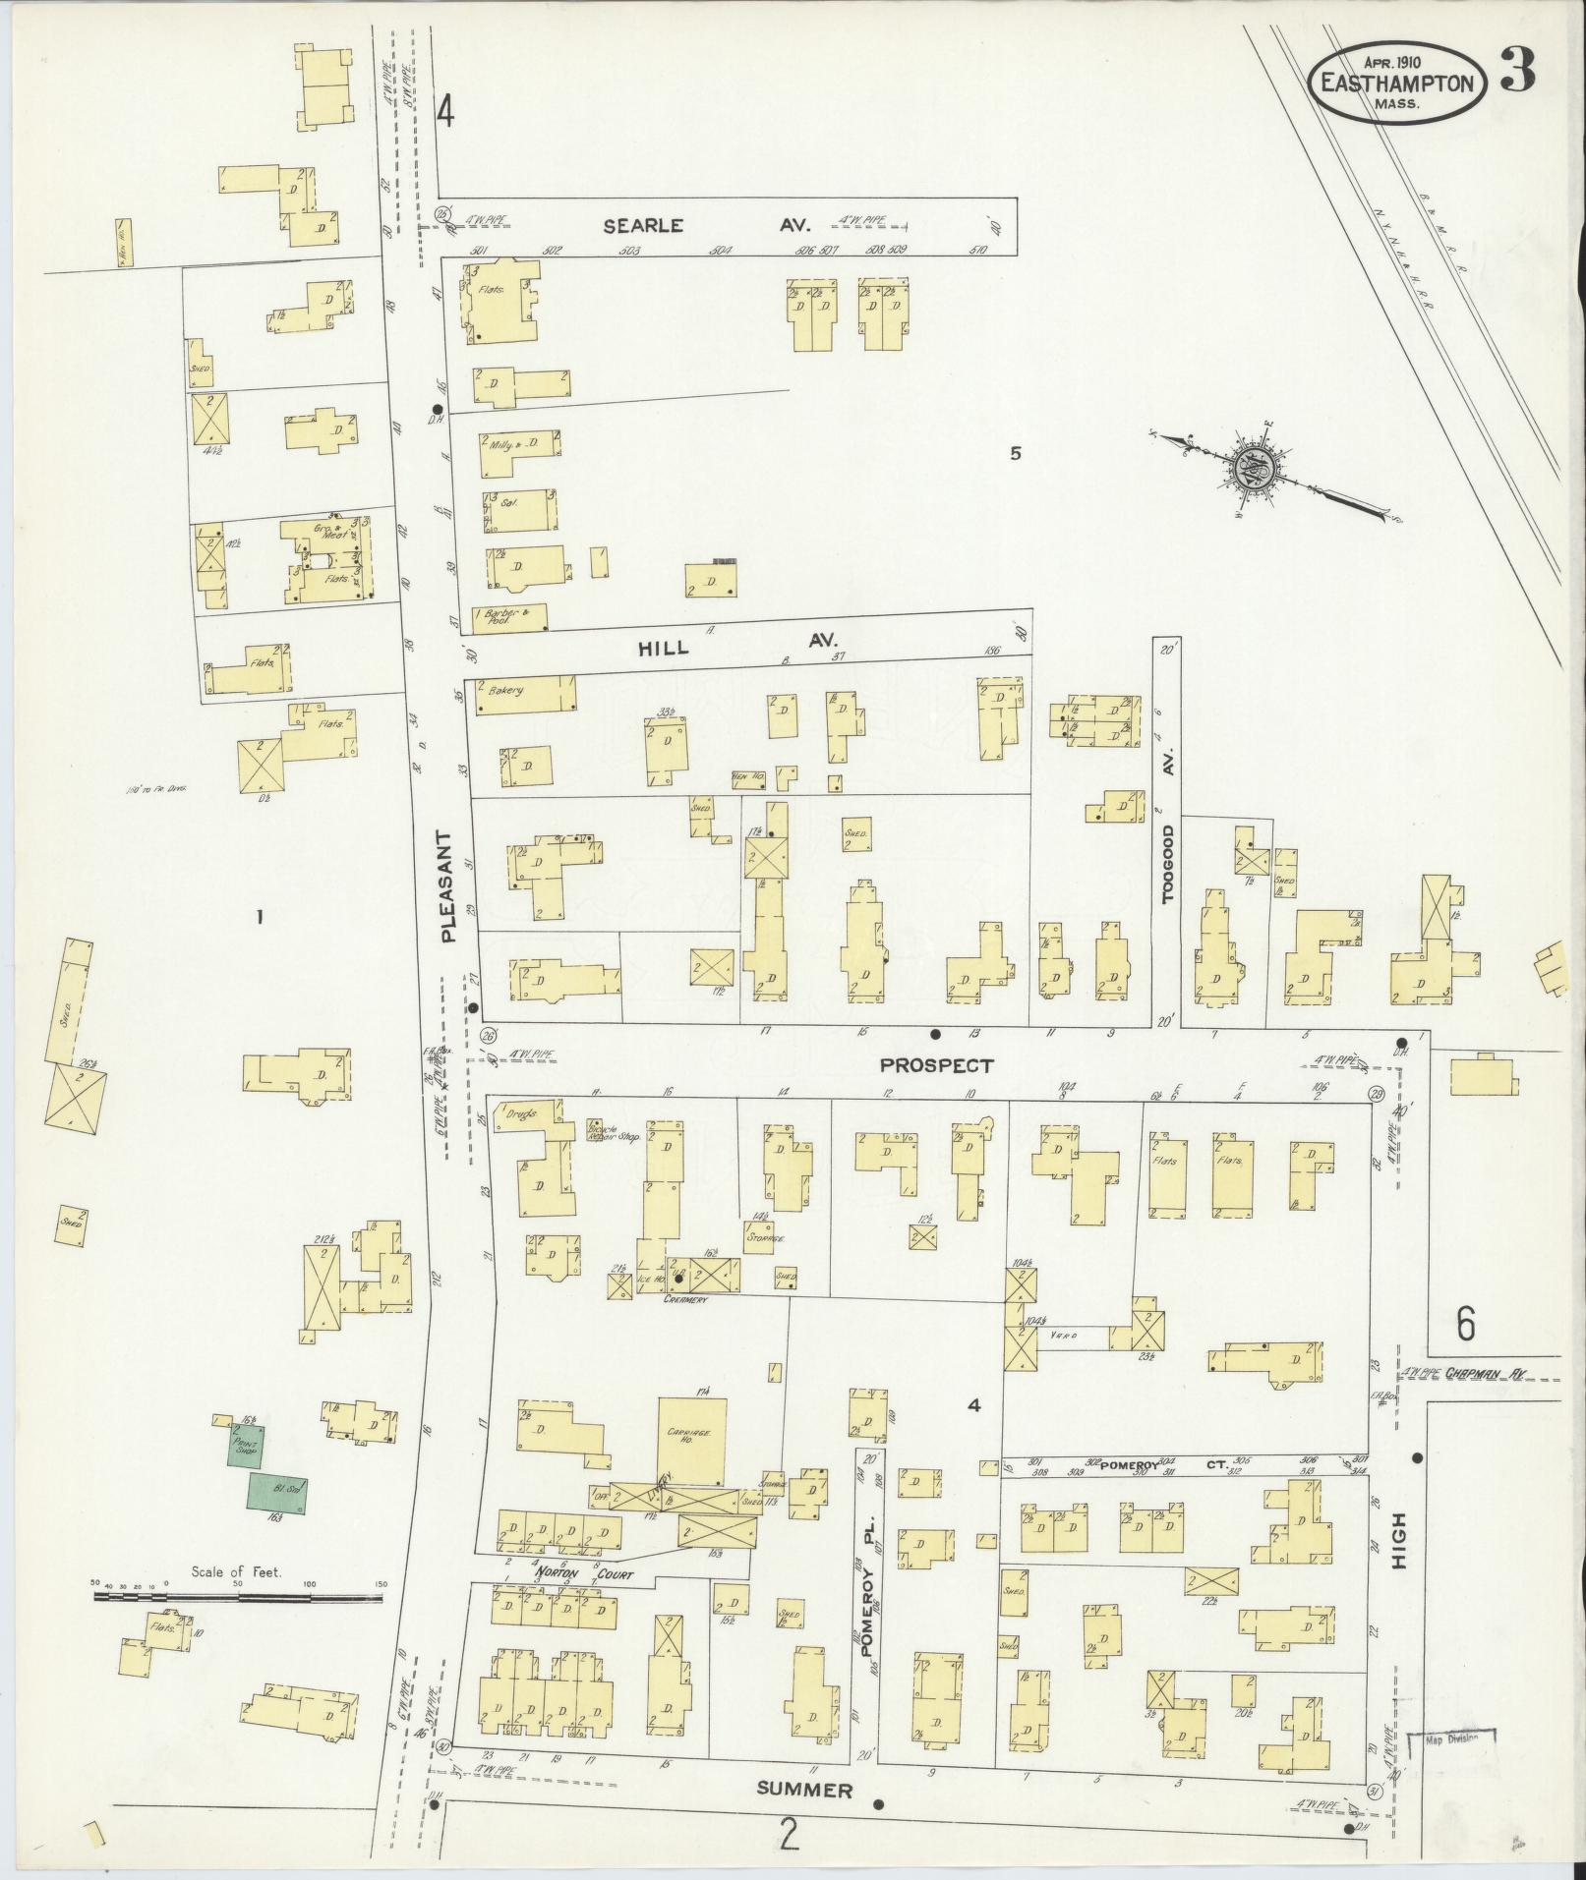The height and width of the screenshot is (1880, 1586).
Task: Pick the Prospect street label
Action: pos(936,1064)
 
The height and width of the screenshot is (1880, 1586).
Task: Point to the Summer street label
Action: pos(803,1790)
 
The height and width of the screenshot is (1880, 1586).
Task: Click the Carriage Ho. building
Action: pos(691,1440)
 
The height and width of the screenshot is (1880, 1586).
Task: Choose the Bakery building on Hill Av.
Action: pos(524,693)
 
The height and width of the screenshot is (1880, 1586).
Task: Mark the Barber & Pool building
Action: pos(509,616)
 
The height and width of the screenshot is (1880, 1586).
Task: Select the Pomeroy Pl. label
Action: pos(867,1593)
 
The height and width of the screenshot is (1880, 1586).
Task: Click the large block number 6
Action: pos(1465,1325)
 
